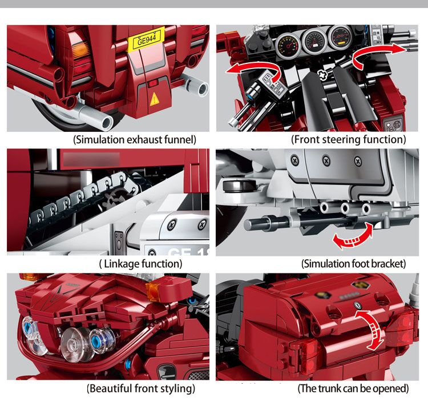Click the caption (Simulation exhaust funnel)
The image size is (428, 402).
(x=135, y=139)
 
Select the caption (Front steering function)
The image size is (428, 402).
(x=349, y=139)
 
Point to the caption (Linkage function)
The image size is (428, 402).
(x=140, y=263)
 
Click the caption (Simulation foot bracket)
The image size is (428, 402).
(x=353, y=263)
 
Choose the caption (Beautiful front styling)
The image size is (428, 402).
(x=140, y=389)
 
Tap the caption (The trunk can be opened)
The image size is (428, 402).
(x=353, y=389)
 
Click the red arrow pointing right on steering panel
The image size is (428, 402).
(x=376, y=54)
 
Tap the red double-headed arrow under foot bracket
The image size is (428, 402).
(x=353, y=236)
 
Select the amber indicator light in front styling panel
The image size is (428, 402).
(x=154, y=291)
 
